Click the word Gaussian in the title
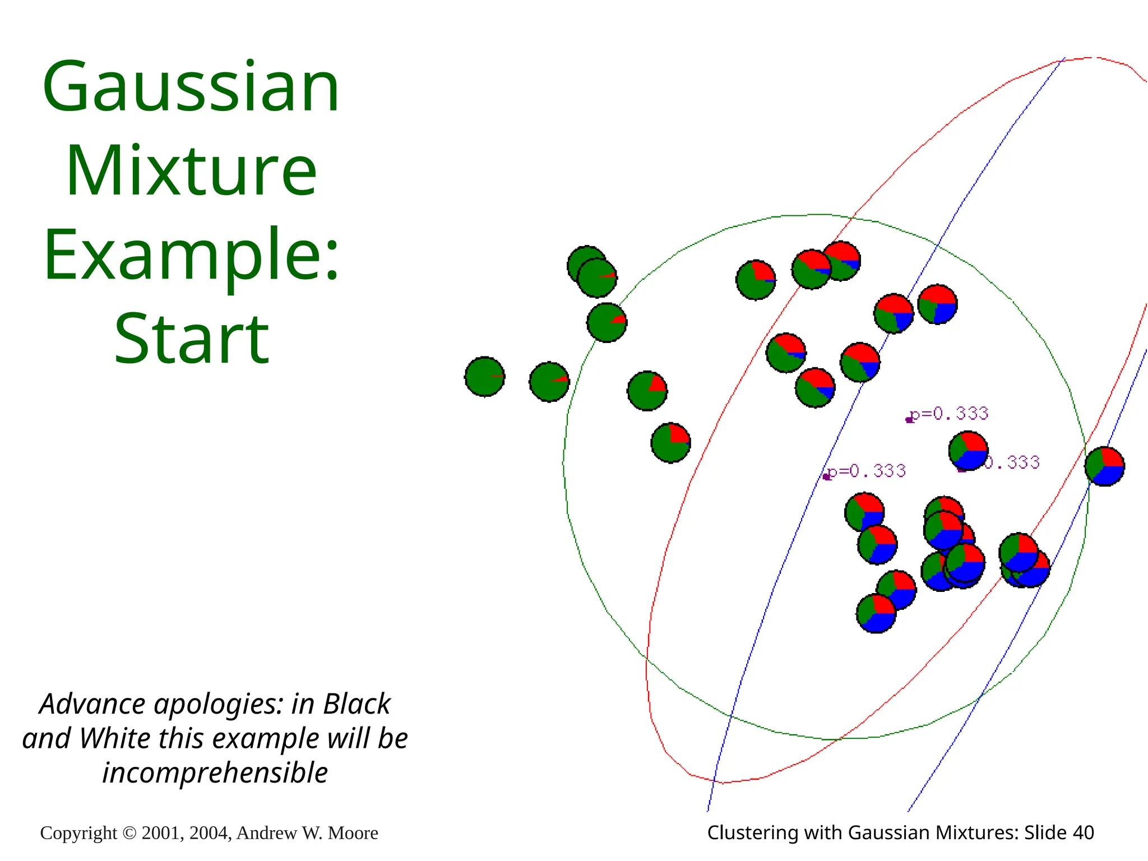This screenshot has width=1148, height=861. (x=191, y=88)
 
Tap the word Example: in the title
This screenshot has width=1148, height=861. (x=192, y=255)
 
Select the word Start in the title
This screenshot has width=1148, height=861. (x=192, y=339)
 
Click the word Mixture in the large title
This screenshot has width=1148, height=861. (x=192, y=171)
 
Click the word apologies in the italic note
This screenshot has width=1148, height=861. (x=218, y=705)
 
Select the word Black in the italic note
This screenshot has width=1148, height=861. (x=357, y=705)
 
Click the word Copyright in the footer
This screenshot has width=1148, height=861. (x=78, y=834)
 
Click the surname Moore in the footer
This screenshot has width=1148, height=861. (x=353, y=834)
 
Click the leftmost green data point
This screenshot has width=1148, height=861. (x=485, y=377)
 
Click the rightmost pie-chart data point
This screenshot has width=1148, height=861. (x=1104, y=466)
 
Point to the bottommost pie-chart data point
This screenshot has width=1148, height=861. (x=876, y=614)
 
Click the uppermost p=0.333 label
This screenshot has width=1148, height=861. (x=948, y=414)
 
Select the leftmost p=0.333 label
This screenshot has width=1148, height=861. (x=867, y=471)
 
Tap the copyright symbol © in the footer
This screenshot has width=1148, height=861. (x=129, y=834)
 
